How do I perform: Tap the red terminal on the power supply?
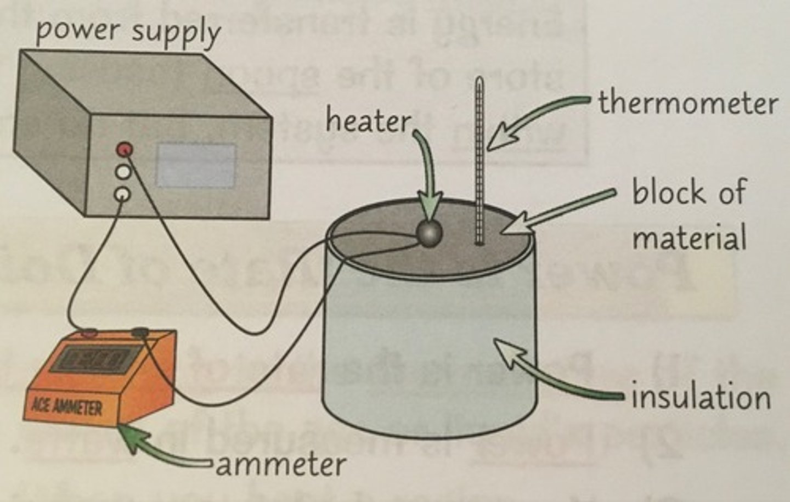pos(125,149)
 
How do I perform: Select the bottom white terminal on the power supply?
pos(122,194)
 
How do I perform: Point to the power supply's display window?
pos(196,165)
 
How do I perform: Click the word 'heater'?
pos(367,121)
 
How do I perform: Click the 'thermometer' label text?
pos(688,103)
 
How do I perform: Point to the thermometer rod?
pos(480,165)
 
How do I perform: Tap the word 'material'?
pos(689,238)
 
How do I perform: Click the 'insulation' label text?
pos(700,396)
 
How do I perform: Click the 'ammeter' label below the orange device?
pos(280,465)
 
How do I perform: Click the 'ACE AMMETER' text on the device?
pos(67,407)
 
